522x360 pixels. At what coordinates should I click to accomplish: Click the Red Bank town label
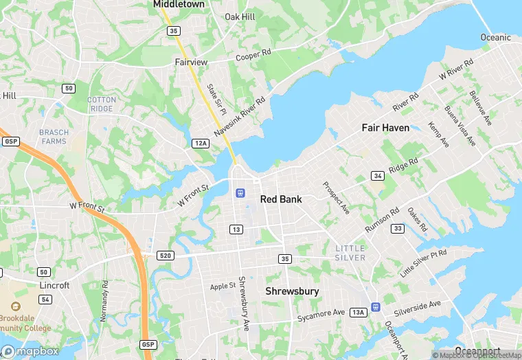coord(282,199)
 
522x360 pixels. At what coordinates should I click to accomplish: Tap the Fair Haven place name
coord(385,128)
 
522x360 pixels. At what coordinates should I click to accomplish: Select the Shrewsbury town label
coord(292,291)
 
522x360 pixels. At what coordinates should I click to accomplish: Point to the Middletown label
coord(179,4)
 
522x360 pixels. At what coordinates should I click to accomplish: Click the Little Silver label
coord(350,252)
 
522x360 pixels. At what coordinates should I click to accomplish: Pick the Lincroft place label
coord(54,285)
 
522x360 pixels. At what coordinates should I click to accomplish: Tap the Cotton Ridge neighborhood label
coord(102,104)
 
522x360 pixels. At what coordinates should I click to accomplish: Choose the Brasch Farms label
coord(53,137)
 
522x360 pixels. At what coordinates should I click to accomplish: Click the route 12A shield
coord(200,143)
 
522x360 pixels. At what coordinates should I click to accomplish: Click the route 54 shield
coord(45,300)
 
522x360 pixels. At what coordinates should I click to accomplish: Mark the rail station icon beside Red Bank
coord(240,193)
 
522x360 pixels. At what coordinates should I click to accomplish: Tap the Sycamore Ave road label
coord(321,314)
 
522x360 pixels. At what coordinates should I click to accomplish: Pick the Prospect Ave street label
coord(337,198)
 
